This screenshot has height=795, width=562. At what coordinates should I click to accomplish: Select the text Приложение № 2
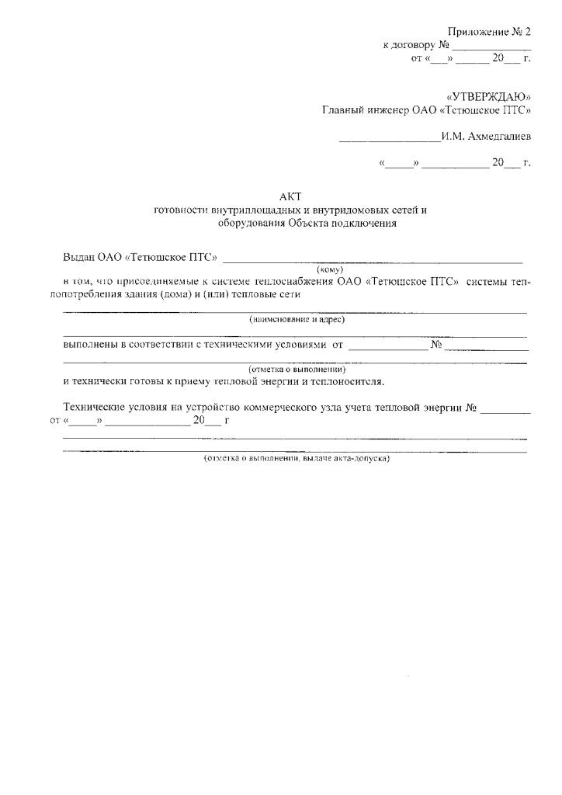489,32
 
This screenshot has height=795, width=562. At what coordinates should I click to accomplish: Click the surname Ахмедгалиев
499,137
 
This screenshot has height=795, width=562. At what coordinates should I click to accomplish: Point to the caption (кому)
330,269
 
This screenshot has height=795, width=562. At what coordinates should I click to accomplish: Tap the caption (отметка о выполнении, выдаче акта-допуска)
296,458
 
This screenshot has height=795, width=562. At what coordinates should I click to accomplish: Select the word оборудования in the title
251,224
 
